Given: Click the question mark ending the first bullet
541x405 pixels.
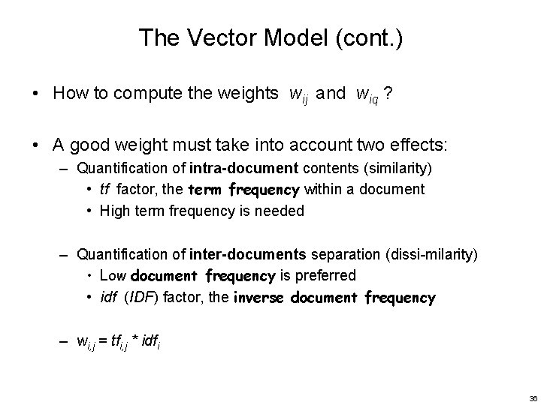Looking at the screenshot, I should coord(387,93).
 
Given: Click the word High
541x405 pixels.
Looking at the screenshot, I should coord(116,211).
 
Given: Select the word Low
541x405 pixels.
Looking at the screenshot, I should coord(113,276).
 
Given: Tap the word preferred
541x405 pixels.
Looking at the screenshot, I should coord(327,276).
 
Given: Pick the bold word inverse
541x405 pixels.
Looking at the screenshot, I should coord(262,298).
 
